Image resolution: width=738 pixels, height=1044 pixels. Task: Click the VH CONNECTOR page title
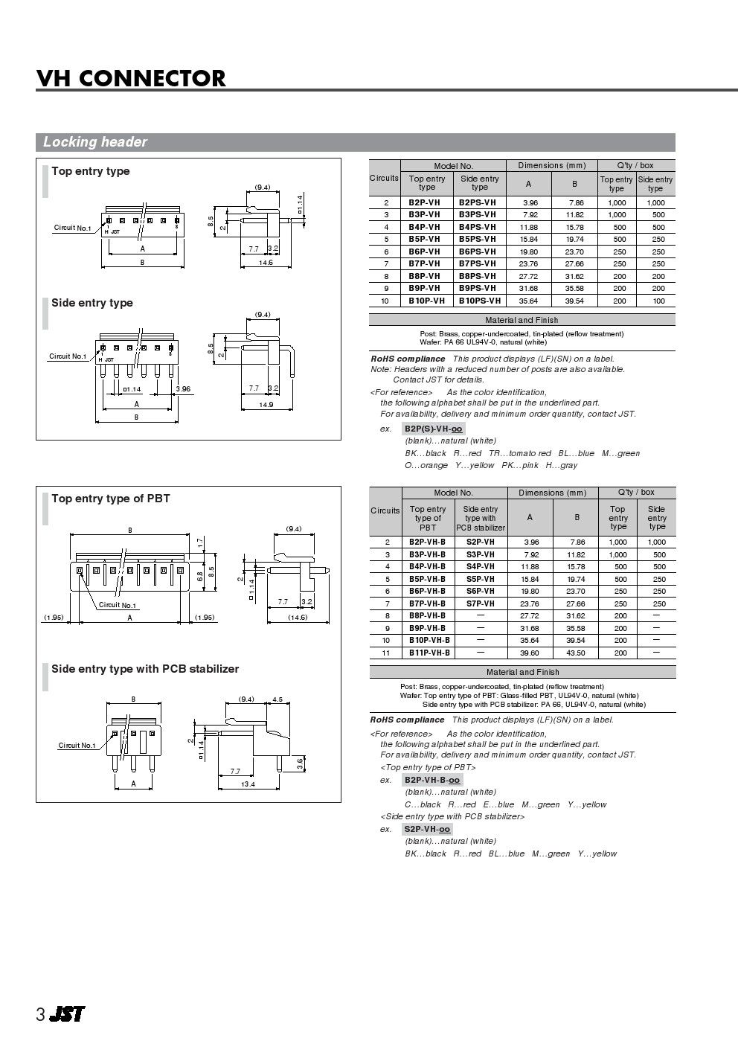pyautogui.click(x=131, y=78)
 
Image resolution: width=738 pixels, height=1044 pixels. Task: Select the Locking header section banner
pyautogui.click(x=356, y=142)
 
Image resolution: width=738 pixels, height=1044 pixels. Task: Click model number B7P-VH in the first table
pyautogui.click(x=425, y=264)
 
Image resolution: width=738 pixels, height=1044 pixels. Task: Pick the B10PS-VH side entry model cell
pyautogui.click(x=480, y=301)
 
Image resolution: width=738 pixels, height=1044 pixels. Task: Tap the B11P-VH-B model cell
pyautogui.click(x=429, y=653)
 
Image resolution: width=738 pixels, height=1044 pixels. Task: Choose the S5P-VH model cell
pyautogui.click(x=481, y=579)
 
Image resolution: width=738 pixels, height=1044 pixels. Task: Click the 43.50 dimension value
pyautogui.click(x=575, y=653)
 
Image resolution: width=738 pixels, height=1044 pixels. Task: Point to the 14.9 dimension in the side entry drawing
pyautogui.click(x=266, y=405)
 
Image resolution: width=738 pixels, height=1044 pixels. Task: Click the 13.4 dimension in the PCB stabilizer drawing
pyautogui.click(x=248, y=784)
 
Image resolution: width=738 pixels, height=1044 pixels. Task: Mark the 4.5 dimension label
pyautogui.click(x=277, y=699)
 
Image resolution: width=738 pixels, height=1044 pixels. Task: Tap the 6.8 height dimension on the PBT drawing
pyautogui.click(x=200, y=577)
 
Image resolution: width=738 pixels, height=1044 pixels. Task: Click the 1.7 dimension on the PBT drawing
pyautogui.click(x=200, y=542)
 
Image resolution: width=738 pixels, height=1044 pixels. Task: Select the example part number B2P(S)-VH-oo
pyautogui.click(x=433, y=429)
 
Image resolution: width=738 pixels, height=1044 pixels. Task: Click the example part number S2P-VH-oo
pyautogui.click(x=427, y=829)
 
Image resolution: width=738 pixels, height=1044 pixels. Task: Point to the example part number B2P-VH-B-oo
pyautogui.click(x=432, y=780)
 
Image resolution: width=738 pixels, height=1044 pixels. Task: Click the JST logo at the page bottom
pyautogui.click(x=67, y=1013)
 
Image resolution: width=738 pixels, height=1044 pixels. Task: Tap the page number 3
pyautogui.click(x=40, y=1014)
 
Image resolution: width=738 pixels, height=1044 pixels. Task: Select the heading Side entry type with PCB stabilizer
pyautogui.click(x=145, y=669)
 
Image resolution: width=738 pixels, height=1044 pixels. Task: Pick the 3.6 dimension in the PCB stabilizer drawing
pyautogui.click(x=300, y=763)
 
